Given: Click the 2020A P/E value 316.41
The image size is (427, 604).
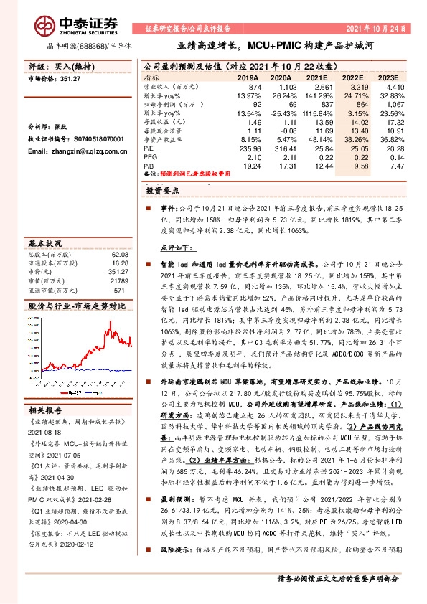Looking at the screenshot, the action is pyautogui.click(x=281, y=148).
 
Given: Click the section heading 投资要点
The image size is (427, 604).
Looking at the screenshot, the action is pyautogui.click(x=161, y=192).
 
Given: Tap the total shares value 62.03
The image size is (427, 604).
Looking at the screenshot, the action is pyautogui.click(x=118, y=255).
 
